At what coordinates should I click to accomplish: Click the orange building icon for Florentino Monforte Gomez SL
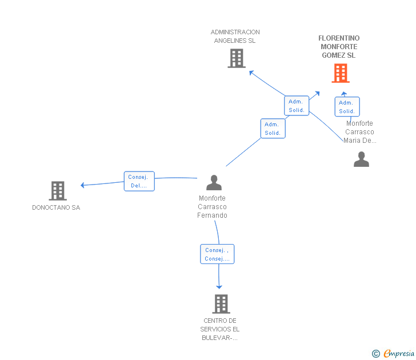pyautogui.click(x=341, y=73)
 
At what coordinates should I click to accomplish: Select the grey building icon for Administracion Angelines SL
pyautogui.click(x=236, y=58)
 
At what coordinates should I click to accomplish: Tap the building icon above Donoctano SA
pyautogui.click(x=57, y=191)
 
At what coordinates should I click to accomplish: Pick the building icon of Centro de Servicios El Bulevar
pyautogui.click(x=221, y=304)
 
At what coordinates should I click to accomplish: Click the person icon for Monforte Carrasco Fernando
pyautogui.click(x=214, y=183)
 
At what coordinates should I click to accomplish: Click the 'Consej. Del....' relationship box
pyautogui.click(x=139, y=181)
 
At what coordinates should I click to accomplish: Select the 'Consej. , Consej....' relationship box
pyautogui.click(x=217, y=254)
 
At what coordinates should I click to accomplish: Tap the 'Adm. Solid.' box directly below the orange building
pyautogui.click(x=347, y=107)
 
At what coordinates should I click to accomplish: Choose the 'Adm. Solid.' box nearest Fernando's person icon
pyautogui.click(x=273, y=129)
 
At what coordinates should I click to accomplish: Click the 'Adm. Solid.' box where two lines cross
pyautogui.click(x=297, y=106)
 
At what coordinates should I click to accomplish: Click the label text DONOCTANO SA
pyautogui.click(x=56, y=207)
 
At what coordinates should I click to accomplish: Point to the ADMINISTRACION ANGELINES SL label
pyautogui.click(x=235, y=37)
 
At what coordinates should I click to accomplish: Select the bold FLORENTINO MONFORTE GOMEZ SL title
pyautogui.click(x=339, y=47)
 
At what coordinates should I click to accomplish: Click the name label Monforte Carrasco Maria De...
pyautogui.click(x=359, y=132)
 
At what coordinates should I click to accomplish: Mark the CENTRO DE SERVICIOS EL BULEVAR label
pyautogui.click(x=220, y=329)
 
